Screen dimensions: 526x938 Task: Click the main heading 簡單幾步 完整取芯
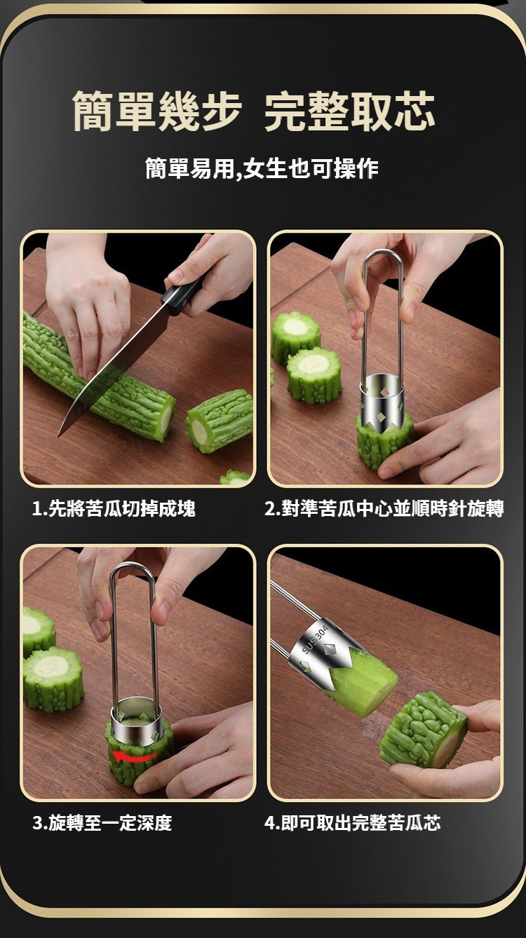[254, 111]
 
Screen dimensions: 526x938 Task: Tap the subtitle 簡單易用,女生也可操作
[262, 168]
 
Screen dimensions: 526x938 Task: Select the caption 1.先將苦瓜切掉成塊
[114, 509]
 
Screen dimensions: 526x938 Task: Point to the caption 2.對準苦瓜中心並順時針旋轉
[384, 509]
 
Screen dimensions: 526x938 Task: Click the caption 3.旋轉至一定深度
[102, 823]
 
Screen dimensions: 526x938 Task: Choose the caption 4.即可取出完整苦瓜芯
[353, 823]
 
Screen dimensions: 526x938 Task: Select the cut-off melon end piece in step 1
[219, 421]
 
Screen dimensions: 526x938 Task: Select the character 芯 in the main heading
[414, 111]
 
